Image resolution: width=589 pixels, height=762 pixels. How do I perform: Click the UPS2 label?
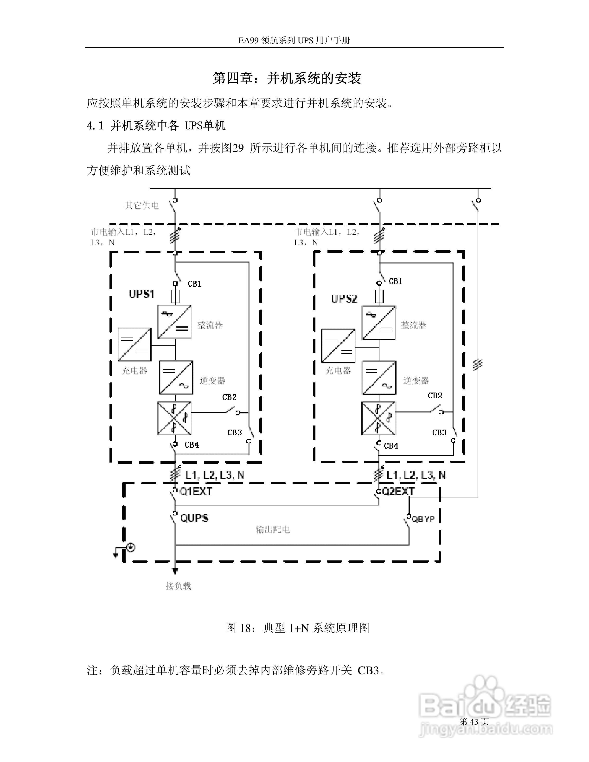[344, 299]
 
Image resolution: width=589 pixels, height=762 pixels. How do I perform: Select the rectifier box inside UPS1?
[174, 322]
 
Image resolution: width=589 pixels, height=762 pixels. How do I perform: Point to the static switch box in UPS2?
[379, 418]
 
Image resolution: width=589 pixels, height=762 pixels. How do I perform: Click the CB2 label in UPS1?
[229, 397]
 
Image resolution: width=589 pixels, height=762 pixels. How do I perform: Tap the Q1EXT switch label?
[196, 492]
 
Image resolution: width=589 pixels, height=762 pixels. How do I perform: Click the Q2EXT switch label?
[398, 492]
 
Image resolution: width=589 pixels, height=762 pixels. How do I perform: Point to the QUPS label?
[194, 518]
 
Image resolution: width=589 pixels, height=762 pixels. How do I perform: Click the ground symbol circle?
[131, 547]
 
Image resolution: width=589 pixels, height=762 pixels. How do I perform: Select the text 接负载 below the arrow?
[178, 586]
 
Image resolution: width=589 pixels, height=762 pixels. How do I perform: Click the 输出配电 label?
[273, 530]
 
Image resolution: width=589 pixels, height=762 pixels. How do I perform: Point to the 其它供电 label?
[142, 205]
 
